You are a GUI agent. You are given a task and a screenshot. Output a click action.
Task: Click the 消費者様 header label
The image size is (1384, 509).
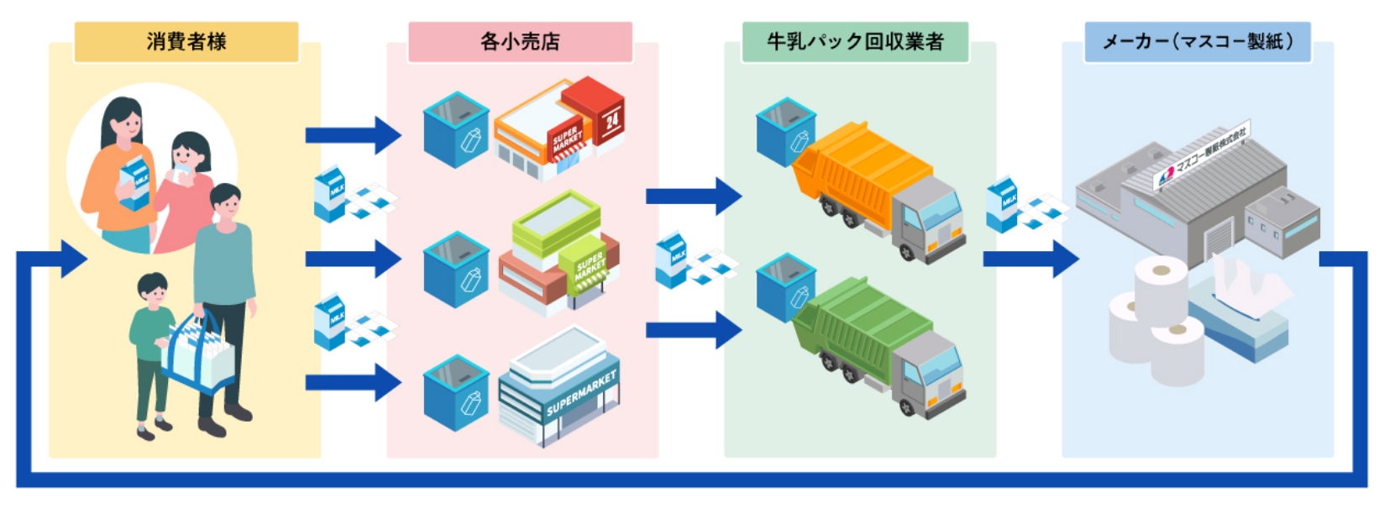tap(186, 41)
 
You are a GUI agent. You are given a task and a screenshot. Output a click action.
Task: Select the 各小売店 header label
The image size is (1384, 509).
tap(520, 41)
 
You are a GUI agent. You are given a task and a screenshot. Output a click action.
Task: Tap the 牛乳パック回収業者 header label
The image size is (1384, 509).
tap(855, 41)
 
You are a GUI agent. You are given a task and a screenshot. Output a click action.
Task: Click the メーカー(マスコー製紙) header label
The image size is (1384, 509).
tap(1198, 41)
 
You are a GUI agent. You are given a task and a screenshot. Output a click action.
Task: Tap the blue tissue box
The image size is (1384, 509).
tap(1239, 315)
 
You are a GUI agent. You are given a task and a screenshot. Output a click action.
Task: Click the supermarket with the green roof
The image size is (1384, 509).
tap(558, 252)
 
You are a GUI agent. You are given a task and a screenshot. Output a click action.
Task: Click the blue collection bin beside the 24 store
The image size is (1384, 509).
tap(456, 130)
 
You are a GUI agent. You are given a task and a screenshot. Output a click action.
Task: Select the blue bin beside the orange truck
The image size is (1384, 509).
tap(784, 131)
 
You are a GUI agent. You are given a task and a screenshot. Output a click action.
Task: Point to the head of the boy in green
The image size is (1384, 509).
tap(152, 290)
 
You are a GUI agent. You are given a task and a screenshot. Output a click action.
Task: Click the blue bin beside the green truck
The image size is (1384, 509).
tap(784, 290)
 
